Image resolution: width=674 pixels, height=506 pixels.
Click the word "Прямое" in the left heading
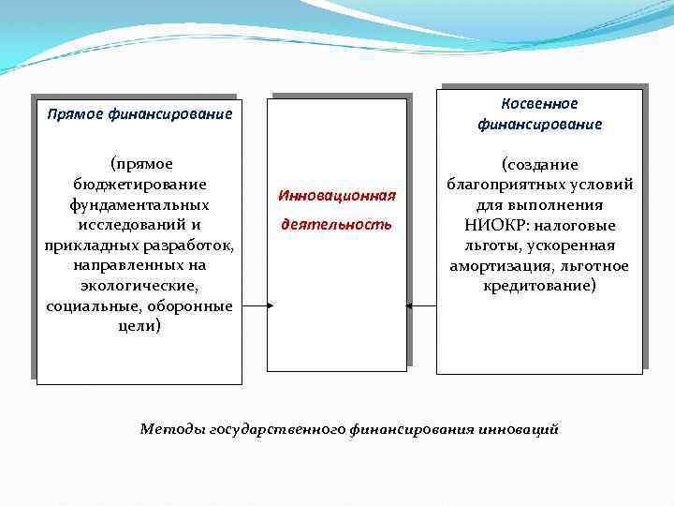point(74,114)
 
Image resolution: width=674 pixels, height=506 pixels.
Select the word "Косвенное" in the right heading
point(539,104)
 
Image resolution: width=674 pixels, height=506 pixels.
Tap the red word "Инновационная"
point(337,196)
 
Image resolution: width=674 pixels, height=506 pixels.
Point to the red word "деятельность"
point(337,225)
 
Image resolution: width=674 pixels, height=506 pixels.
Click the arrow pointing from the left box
point(257,305)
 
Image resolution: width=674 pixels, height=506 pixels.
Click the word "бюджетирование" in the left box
point(139,184)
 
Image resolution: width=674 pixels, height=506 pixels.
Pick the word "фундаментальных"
point(139,204)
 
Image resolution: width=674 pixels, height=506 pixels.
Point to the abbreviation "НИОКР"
point(493,225)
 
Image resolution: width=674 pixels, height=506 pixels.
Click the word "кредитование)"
point(539,286)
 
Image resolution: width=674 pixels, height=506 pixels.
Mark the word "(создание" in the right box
point(539,164)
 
